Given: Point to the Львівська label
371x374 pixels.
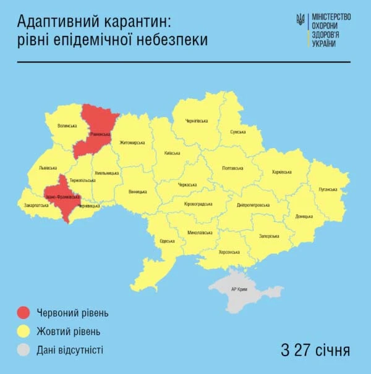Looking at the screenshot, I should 48,167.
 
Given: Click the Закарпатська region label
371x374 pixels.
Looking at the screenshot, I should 36,205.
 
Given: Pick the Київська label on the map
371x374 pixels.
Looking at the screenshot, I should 173,153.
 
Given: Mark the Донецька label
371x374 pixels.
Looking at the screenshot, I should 304,217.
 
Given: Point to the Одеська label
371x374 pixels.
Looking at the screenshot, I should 167,241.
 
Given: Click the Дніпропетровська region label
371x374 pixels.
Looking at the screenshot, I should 253,205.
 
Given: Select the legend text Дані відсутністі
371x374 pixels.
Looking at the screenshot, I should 69,350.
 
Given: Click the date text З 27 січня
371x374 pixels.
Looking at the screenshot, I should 315,351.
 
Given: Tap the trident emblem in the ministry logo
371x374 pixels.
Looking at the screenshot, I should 301,20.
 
